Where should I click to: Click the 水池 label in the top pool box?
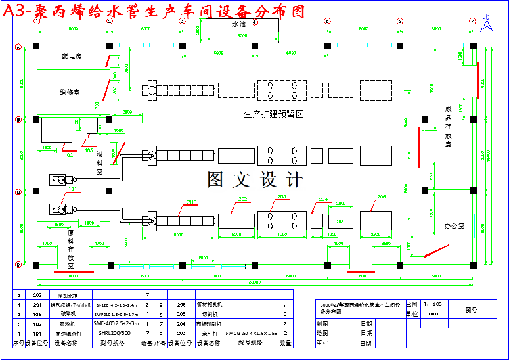tap(238, 24)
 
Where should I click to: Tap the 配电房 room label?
tap(71, 57)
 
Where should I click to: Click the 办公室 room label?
tap(454, 225)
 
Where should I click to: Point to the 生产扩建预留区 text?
tap(273, 114)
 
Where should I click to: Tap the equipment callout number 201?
tap(192, 202)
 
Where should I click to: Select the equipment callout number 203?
tap(282, 197)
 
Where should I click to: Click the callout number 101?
tap(72, 189)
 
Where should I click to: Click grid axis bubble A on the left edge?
tap(18, 46)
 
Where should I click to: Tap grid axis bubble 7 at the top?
tap(472, 21)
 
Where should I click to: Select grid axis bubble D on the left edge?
tap(18, 265)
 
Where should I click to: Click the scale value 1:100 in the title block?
tap(432, 305)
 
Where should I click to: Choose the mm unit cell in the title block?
tap(433, 314)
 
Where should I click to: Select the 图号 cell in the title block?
tap(472, 309)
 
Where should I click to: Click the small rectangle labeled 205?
tap(340, 222)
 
